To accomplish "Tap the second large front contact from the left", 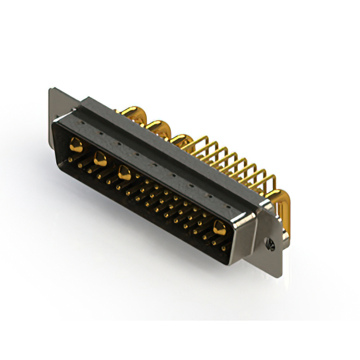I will (x=100, y=160).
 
